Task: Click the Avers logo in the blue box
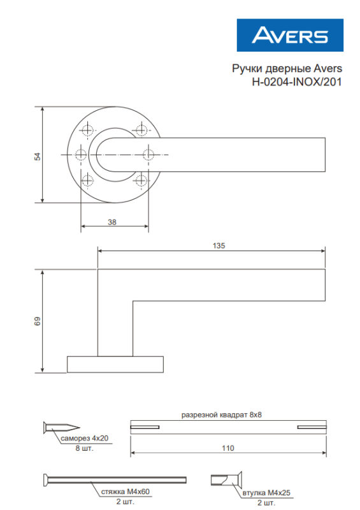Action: pos(290,35)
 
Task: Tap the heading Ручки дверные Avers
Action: pos(285,68)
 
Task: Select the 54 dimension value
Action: pos(37,155)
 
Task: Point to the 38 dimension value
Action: pos(112,222)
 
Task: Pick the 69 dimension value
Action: pos(37,321)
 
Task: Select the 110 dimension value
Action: pos(227,448)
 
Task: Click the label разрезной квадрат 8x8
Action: pos(222,414)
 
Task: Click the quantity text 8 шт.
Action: pos(83,449)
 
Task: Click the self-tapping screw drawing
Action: pos(61,426)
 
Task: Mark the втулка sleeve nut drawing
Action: pos(225,479)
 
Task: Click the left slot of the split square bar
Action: pos(146,426)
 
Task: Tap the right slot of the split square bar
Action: pos(312,426)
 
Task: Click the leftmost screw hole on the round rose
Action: pos(80,154)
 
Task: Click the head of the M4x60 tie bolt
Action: pos(47,479)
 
